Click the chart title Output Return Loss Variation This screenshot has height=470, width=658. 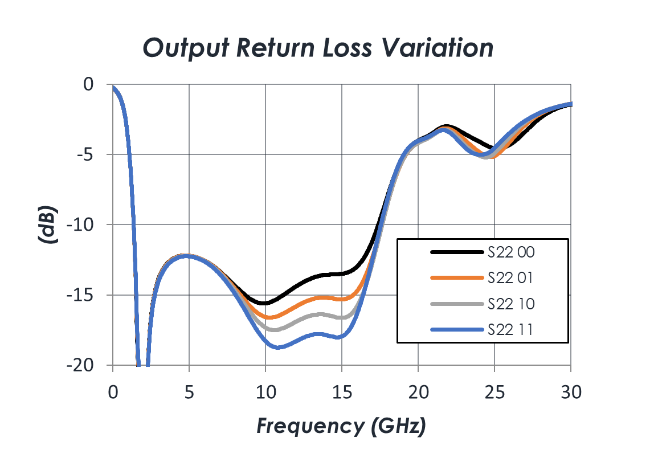point(318,48)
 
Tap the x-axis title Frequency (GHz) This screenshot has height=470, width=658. point(341,426)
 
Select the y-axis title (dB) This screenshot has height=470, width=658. point(47,224)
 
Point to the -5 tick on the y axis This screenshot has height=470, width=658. point(85,154)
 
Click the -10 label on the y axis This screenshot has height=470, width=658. point(80,225)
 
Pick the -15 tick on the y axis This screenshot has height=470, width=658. point(80,296)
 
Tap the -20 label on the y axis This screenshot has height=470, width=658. point(80,366)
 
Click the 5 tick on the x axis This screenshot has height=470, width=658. point(189,393)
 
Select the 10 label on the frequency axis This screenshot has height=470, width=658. point(265,393)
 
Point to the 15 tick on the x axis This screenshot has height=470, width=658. point(342,393)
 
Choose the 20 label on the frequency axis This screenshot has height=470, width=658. point(418,393)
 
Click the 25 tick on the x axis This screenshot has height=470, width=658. point(494,393)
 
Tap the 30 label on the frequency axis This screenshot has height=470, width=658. point(571,393)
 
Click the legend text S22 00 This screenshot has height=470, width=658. point(511,252)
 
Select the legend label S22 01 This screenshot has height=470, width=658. point(510,278)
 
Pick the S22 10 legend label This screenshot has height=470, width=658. point(511,304)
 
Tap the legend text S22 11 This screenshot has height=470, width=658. point(510,330)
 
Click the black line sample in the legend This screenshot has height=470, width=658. point(457,252)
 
